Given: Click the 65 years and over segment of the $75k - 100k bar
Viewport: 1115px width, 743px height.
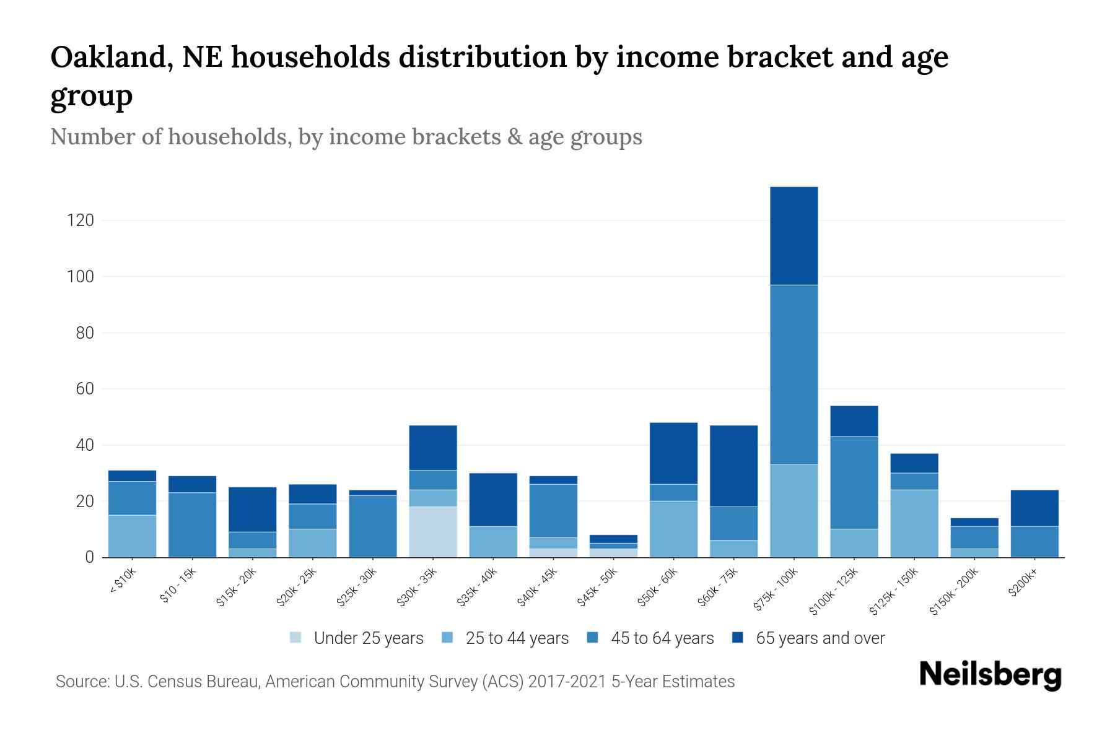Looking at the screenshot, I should point(794,235).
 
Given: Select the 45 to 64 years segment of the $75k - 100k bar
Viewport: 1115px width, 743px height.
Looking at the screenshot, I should point(794,375).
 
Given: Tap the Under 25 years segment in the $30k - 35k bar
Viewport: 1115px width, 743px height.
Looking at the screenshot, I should point(433,532).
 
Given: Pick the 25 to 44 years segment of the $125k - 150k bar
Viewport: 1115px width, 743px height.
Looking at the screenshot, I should point(914,523).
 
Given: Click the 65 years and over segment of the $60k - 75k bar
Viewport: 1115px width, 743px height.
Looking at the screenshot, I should point(733,466).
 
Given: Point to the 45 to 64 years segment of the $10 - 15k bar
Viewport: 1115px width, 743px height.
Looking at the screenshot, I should point(192,524).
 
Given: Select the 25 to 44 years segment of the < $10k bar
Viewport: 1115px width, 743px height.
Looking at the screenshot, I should point(132,536).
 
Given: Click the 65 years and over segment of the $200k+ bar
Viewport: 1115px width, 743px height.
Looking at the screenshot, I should point(1034,508).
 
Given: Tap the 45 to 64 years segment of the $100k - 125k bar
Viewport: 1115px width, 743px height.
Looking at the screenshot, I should point(854,482).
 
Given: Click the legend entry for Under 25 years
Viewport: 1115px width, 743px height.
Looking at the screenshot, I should point(357,638).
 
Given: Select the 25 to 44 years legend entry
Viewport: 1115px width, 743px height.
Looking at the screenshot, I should point(505,638).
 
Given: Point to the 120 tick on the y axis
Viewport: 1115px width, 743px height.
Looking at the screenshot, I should point(80,220).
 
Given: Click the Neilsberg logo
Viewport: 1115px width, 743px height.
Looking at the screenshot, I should point(990,675).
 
